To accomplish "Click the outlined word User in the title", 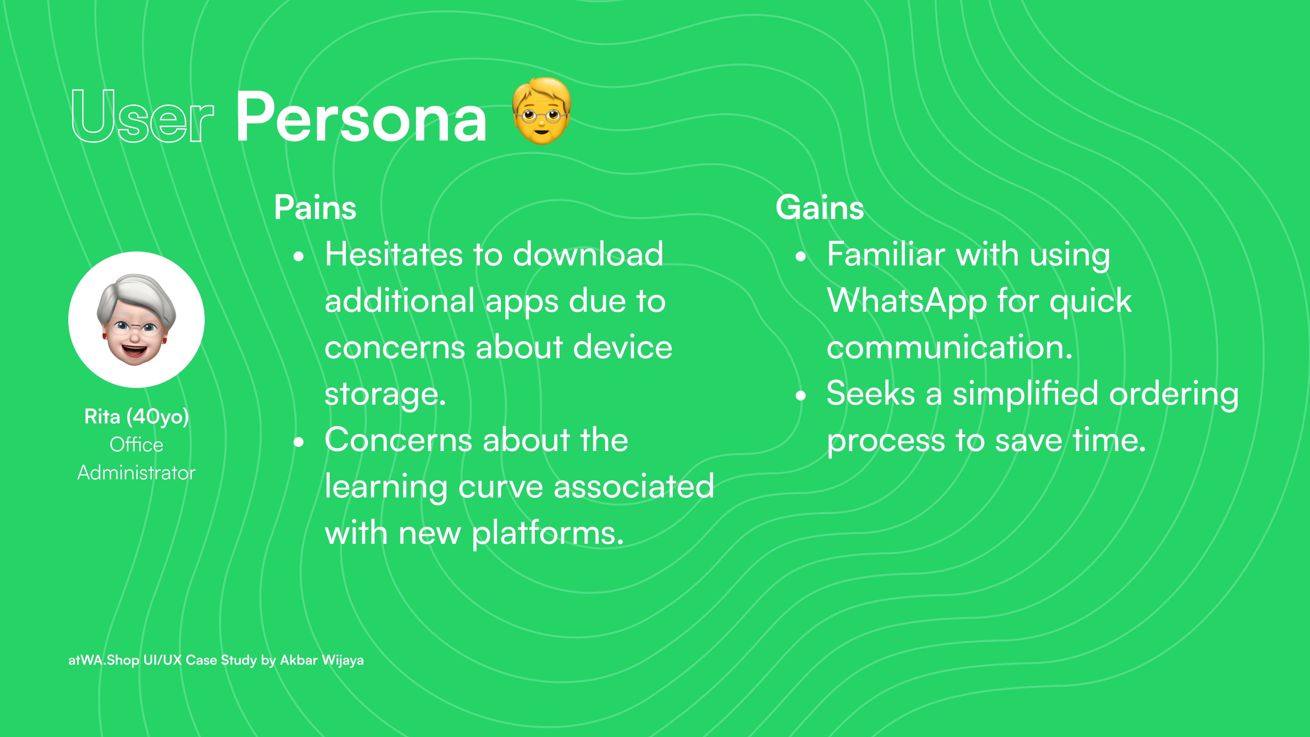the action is (x=142, y=116).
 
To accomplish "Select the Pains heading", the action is (x=315, y=207).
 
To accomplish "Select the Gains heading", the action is (x=820, y=207).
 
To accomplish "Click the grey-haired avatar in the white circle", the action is (x=136, y=319).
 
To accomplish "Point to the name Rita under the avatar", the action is (x=102, y=417).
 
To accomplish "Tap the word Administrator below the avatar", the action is (x=136, y=473).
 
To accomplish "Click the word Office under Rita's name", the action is (x=136, y=445).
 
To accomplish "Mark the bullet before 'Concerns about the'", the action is (x=299, y=442).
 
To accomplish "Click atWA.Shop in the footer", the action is (x=103, y=660).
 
